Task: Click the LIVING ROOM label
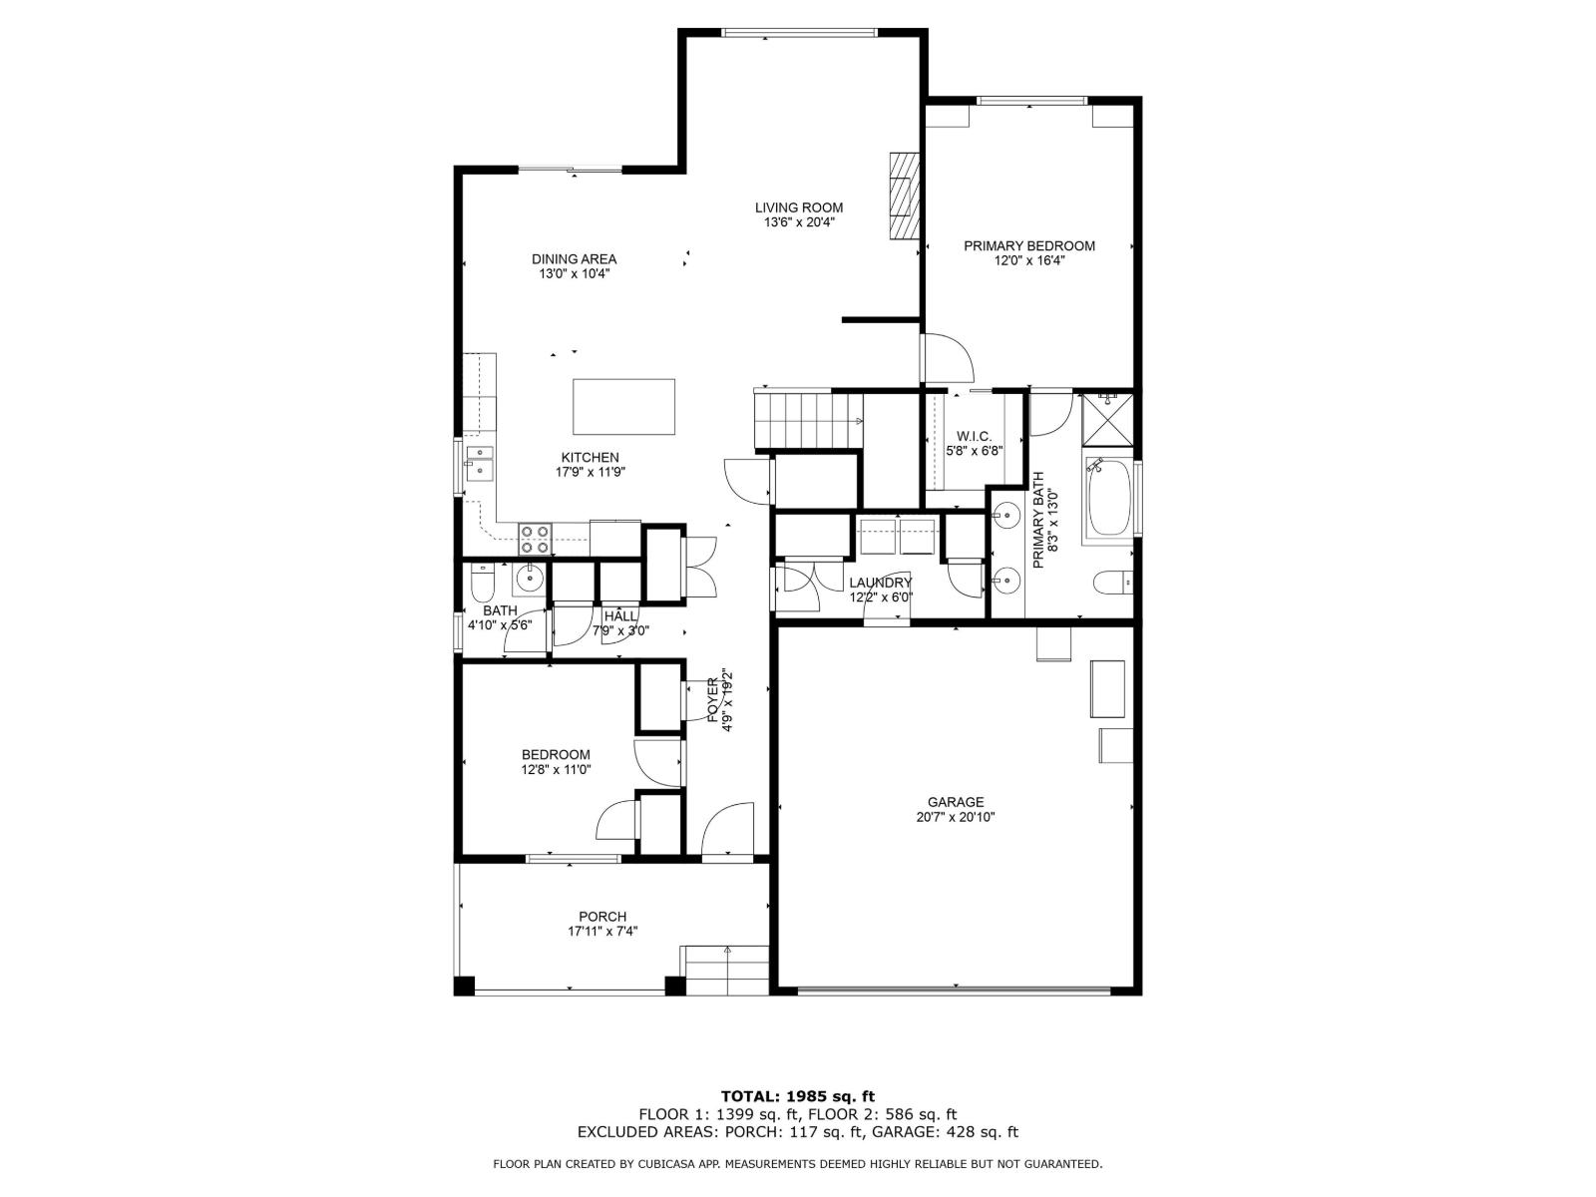coord(798,207)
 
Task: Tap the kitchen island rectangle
coord(624,406)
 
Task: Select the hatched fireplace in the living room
coord(903,196)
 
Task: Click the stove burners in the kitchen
coord(535,540)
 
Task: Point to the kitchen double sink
coord(479,464)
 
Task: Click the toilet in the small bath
coord(482,579)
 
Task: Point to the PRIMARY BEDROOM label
coord(1028,245)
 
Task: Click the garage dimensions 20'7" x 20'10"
coord(955,817)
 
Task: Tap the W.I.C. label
coord(974,436)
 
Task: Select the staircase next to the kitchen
coord(806,421)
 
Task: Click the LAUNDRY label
coord(880,583)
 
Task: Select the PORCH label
coord(602,917)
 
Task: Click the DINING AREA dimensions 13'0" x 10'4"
coord(574,273)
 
